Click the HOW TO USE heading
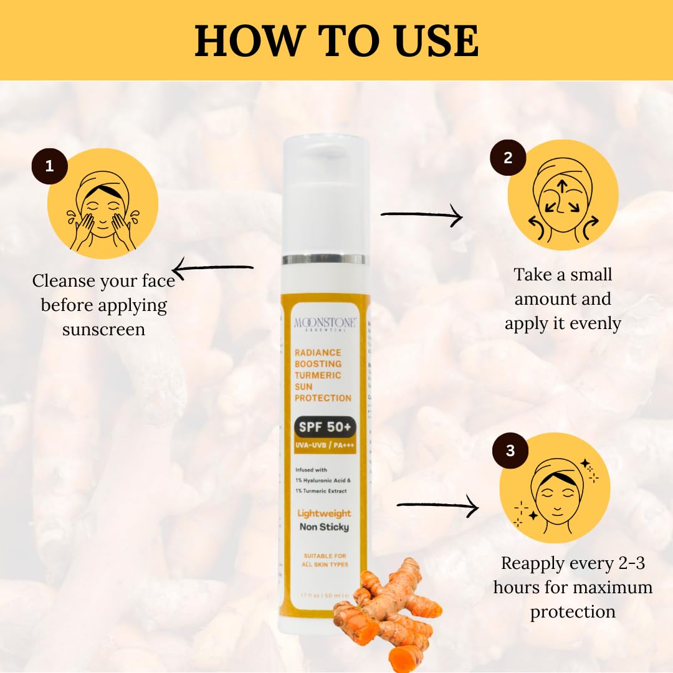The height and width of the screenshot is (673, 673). pyautogui.click(x=336, y=41)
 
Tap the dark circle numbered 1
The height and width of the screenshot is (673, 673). pyautogui.click(x=49, y=166)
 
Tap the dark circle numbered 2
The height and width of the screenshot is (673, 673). pyautogui.click(x=508, y=157)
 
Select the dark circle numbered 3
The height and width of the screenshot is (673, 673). pyautogui.click(x=510, y=451)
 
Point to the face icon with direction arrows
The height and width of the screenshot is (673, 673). pyautogui.click(x=563, y=198)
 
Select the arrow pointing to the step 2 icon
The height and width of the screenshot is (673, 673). pyautogui.click(x=421, y=216)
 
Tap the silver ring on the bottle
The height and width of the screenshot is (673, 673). pyautogui.click(x=324, y=259)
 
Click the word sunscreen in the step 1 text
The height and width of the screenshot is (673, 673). pyautogui.click(x=103, y=330)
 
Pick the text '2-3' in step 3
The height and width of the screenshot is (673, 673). pyautogui.click(x=624, y=563)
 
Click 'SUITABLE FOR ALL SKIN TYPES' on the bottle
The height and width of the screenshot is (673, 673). pyautogui.click(x=325, y=560)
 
